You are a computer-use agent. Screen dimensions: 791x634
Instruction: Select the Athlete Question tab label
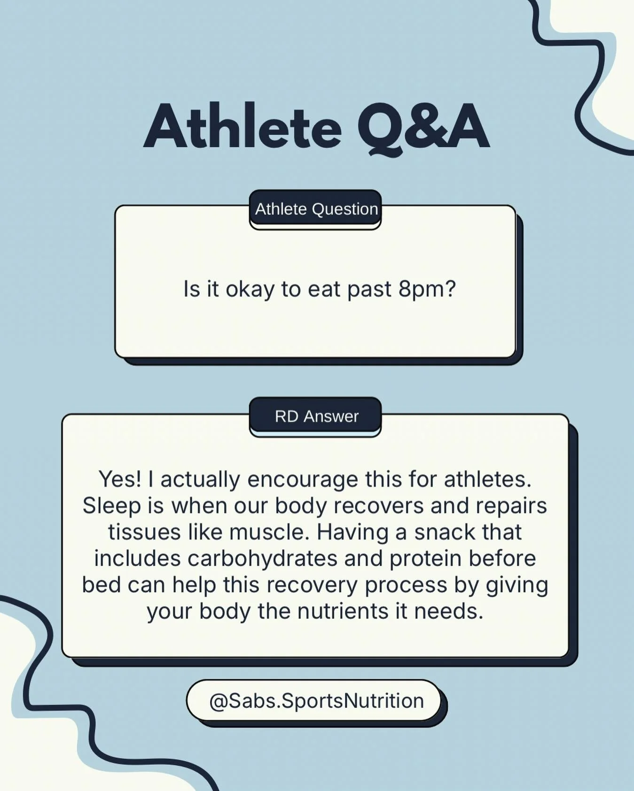316,209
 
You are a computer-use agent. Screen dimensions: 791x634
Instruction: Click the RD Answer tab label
316,416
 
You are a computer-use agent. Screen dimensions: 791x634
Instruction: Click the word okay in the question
250,289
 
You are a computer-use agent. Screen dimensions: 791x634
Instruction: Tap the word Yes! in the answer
119,479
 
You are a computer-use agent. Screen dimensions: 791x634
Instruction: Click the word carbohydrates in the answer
262,558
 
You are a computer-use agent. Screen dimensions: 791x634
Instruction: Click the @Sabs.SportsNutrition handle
316,700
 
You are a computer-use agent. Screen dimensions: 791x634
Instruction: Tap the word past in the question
369,289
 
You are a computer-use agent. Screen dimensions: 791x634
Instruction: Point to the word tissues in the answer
144,532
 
